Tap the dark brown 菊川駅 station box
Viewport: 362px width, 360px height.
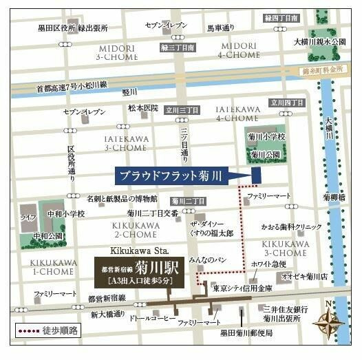(140, 271)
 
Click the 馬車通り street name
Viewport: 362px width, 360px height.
(224, 28)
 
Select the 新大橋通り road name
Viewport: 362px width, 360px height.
(107, 314)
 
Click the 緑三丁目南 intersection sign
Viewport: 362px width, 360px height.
(177, 47)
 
